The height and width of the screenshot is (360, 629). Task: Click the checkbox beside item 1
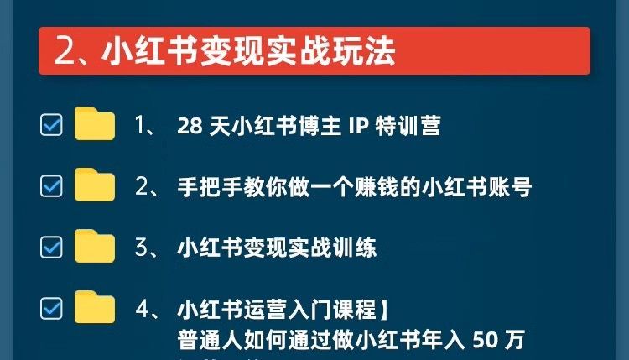51,125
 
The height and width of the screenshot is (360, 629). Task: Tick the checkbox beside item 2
51,186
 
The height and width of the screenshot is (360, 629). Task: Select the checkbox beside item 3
51,248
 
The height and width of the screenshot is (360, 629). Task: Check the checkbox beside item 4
51,309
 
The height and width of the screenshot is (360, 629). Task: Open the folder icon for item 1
94,124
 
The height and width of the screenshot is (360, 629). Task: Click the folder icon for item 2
94,185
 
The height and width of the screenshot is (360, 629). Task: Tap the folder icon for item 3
94,247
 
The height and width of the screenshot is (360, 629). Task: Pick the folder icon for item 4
94,308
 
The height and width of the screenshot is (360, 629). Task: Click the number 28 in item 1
188,126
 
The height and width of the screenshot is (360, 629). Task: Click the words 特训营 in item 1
409,126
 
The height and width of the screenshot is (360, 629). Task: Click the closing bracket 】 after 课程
383,310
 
